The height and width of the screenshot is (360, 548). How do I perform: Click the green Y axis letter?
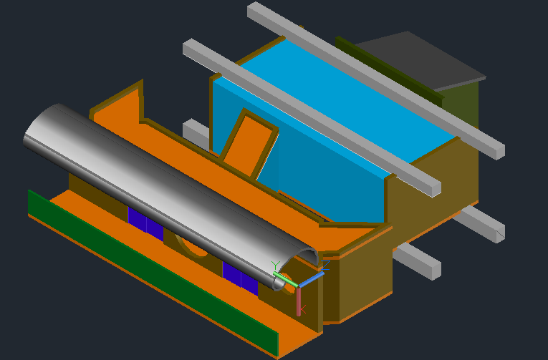coord(275,266)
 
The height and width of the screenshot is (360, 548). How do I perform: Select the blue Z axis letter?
coord(326,266)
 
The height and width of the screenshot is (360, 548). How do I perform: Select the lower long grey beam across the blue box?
coord(308,115)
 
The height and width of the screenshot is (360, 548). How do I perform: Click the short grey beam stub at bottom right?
coord(419,261)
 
